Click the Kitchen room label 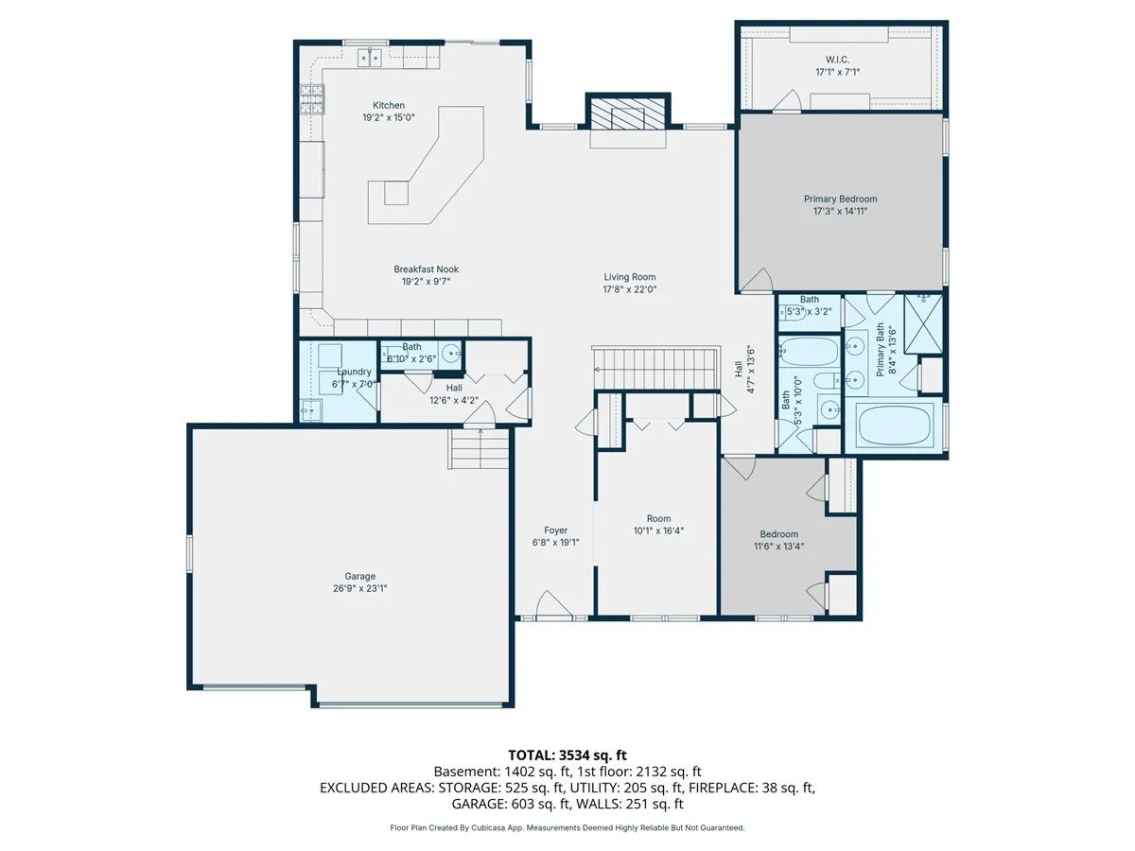point(389,105)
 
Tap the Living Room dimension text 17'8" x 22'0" point(629,289)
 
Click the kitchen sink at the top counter point(370,58)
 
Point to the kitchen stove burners point(312,99)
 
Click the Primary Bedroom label point(840,199)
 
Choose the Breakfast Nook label point(426,269)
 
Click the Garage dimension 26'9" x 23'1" point(360,588)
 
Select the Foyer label point(556,530)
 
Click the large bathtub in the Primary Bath point(895,425)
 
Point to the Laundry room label point(354,372)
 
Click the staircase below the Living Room point(655,368)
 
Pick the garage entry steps point(479,448)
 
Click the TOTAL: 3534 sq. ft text point(567,755)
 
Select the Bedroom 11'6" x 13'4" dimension point(778,547)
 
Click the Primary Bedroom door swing point(756,280)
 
